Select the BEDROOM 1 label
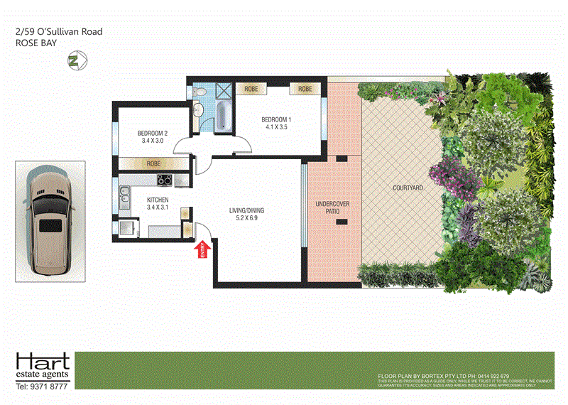(x=277, y=119)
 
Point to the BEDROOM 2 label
(x=153, y=133)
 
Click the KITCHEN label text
(x=158, y=200)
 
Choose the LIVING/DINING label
(x=246, y=210)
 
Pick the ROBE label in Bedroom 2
(x=153, y=163)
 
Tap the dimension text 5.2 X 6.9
(x=246, y=219)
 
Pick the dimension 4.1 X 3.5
(x=277, y=127)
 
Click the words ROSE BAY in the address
(x=31, y=43)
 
